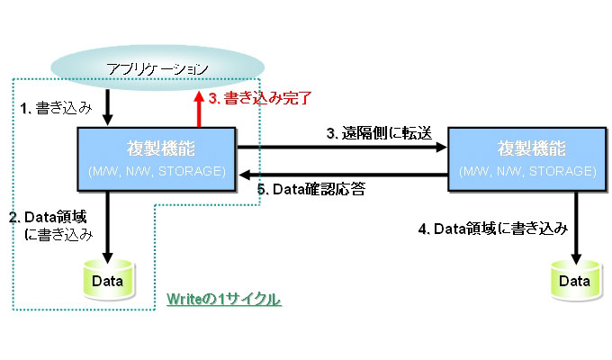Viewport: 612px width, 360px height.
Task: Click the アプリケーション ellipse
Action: (157, 68)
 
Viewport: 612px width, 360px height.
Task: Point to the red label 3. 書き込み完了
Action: (260, 100)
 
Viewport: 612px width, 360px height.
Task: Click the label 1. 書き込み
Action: (55, 108)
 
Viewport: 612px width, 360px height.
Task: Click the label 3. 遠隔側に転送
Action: (379, 133)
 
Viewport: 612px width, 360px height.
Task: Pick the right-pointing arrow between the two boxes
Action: (342, 148)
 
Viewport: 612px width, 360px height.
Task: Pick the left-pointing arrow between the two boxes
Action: (342, 173)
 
